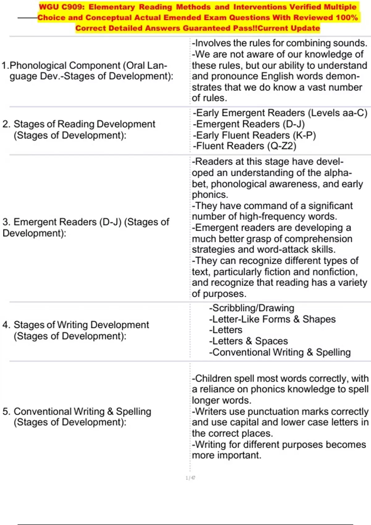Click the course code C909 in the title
(x=73, y=7)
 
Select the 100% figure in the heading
(x=347, y=17)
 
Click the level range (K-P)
(x=304, y=135)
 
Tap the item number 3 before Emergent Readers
(x=6, y=222)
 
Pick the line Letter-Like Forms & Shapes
(x=272, y=319)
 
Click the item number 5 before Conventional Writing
(x=6, y=411)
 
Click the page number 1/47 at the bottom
(x=190, y=478)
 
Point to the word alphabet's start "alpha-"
(x=339, y=173)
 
